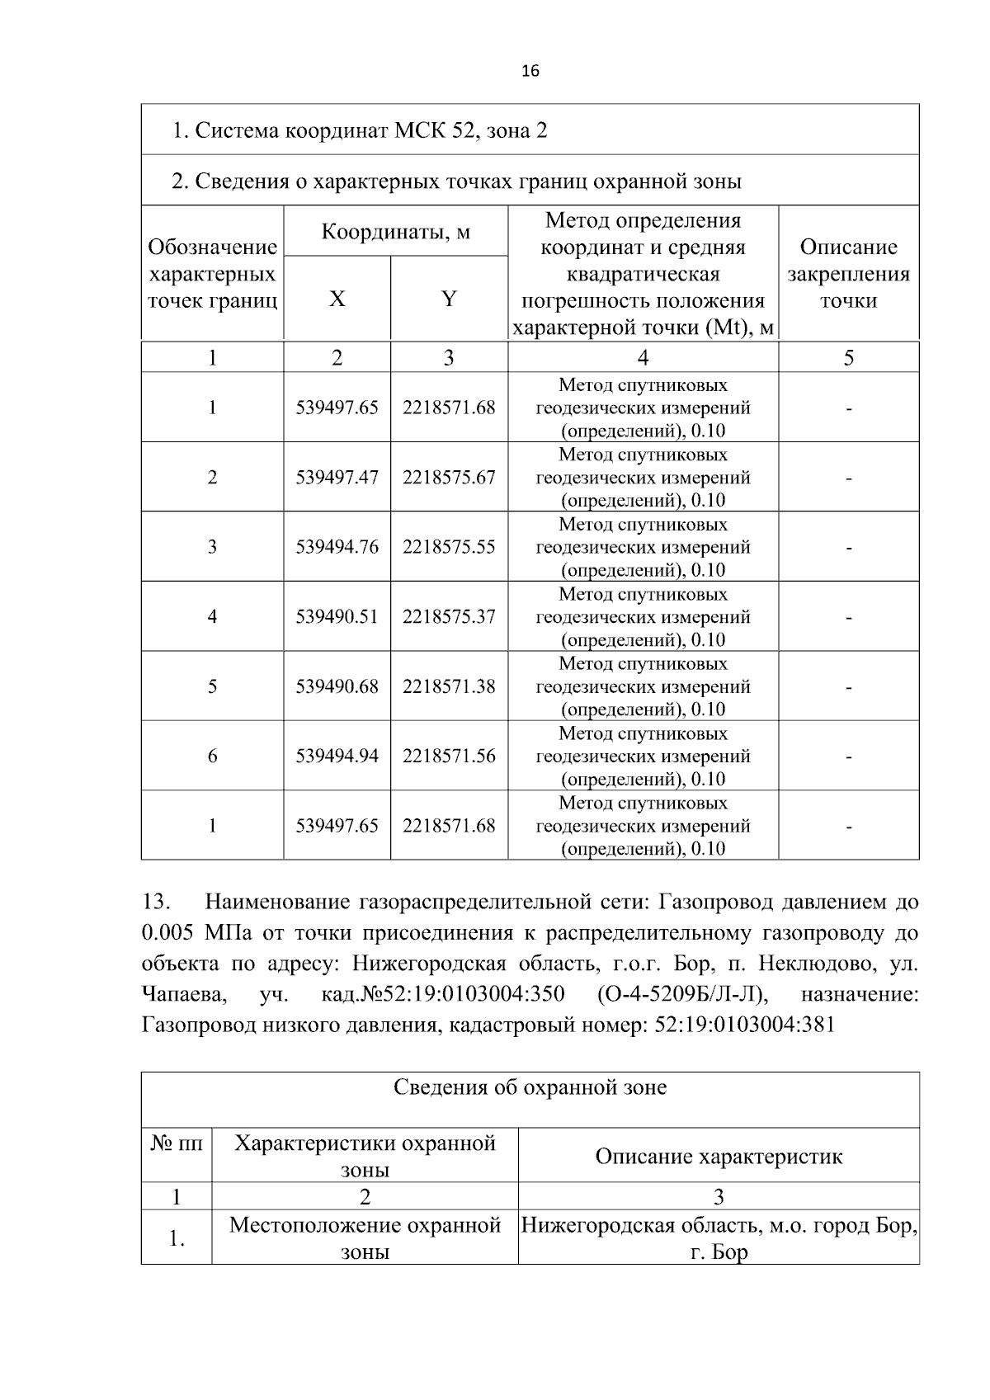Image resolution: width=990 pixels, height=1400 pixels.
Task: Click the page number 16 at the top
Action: [x=530, y=72]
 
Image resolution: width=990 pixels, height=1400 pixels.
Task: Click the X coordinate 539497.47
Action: [x=337, y=478]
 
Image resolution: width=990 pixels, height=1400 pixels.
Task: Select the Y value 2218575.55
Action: [x=449, y=547]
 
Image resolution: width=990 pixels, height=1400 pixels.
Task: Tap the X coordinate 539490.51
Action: [x=337, y=616]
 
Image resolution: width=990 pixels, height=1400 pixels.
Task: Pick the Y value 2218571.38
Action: [x=449, y=686]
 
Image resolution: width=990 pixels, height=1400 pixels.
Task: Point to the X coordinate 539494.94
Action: [x=337, y=756]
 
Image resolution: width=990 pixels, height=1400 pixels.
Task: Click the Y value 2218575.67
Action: [x=449, y=478]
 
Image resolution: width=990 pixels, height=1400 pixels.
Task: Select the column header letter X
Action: [x=337, y=299]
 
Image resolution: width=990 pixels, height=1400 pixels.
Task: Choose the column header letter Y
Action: [x=449, y=299]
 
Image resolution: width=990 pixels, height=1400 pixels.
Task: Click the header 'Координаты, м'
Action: [x=395, y=232]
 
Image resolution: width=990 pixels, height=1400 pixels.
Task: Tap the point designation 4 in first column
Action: [x=212, y=616]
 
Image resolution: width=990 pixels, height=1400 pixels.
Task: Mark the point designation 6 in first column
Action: [x=212, y=756]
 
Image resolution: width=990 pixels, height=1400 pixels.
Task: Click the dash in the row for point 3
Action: [x=848, y=548]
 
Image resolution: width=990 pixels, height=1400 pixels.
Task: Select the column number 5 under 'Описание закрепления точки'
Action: [x=848, y=358]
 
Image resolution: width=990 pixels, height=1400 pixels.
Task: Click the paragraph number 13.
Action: [x=156, y=903]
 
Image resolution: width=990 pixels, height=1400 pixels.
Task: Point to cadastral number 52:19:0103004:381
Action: [x=744, y=1025]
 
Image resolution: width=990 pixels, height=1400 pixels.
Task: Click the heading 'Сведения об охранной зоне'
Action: [x=530, y=1088]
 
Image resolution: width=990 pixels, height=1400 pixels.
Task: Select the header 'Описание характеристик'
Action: [x=719, y=1157]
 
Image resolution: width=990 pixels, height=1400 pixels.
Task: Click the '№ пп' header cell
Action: [x=176, y=1144]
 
